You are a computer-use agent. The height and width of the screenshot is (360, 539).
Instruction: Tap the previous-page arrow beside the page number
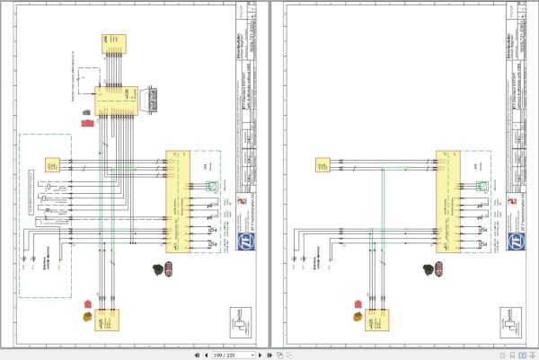click(x=206, y=356)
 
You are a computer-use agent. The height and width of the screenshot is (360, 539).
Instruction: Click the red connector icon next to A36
click(x=87, y=119)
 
